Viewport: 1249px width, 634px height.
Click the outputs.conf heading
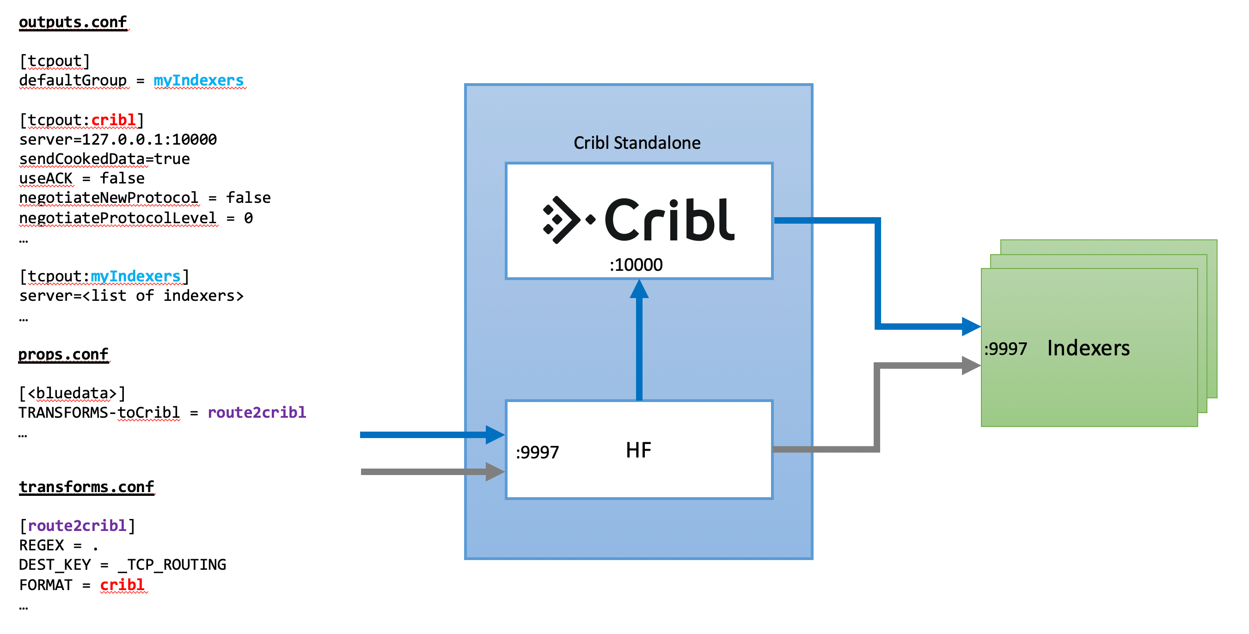[x=73, y=22]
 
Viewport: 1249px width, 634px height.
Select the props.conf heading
[x=63, y=354]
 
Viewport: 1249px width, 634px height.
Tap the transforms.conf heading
[x=86, y=487]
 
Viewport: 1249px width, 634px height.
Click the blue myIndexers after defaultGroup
[x=199, y=80]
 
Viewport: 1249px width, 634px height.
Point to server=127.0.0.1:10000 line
[x=118, y=140]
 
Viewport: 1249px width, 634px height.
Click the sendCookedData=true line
[x=104, y=159]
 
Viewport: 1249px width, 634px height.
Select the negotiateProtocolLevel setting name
[x=118, y=218]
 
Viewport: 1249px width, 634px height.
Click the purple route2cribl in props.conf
[x=257, y=413]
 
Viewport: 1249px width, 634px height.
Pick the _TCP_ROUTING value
[x=172, y=565]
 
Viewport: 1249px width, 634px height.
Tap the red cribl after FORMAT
[x=122, y=585]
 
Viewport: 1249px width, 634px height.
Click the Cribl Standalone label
[x=637, y=143]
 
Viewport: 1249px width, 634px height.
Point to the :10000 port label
[x=636, y=265]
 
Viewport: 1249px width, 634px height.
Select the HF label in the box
[x=638, y=450]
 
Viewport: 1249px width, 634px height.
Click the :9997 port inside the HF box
[x=537, y=452]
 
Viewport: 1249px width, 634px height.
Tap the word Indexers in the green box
[x=1088, y=348]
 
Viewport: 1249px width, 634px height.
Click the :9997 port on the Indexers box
[x=1005, y=348]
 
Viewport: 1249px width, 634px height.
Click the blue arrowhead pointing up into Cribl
[x=639, y=289]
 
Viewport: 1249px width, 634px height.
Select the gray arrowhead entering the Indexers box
[x=971, y=366]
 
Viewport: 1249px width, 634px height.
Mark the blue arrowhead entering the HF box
[x=495, y=435]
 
